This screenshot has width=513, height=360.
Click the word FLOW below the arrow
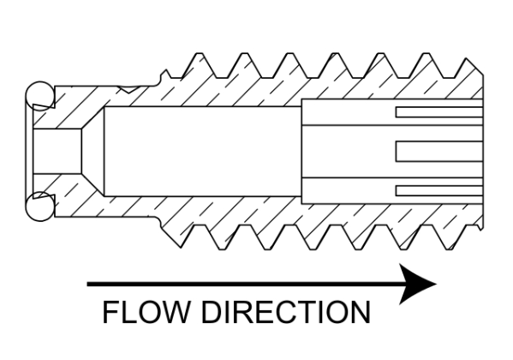click(x=146, y=312)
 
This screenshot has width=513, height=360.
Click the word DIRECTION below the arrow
click(x=285, y=312)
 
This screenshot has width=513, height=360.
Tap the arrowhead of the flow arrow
click(x=418, y=284)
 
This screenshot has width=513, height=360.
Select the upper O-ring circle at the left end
click(x=40, y=96)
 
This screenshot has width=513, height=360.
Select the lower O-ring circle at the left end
click(x=40, y=207)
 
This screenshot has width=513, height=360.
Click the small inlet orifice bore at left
click(x=57, y=151)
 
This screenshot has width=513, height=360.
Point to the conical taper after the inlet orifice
click(x=92, y=151)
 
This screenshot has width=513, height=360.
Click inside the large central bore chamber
click(x=202, y=152)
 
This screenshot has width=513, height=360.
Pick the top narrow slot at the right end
click(x=439, y=112)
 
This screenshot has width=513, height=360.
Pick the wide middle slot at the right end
click(x=439, y=152)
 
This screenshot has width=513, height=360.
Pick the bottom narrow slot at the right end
click(x=439, y=190)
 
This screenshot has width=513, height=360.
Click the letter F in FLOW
click(x=110, y=312)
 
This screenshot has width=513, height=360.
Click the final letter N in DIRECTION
click(x=361, y=312)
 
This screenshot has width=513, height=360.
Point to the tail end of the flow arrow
click(x=87, y=284)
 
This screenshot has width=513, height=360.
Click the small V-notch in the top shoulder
click(x=128, y=89)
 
